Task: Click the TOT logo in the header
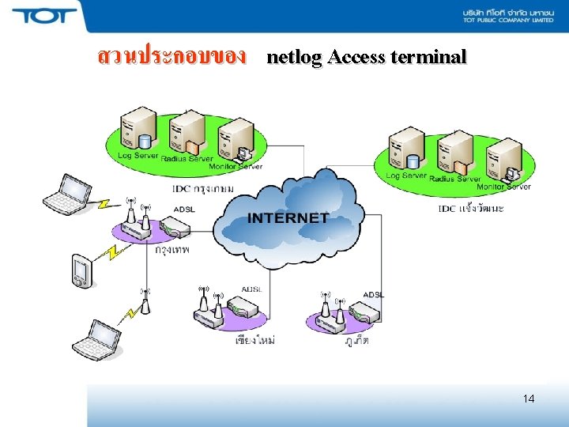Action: [44, 16]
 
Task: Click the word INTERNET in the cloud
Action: [288, 217]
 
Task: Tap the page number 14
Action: [528, 399]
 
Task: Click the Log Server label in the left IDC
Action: [138, 156]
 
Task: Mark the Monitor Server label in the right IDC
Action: [503, 187]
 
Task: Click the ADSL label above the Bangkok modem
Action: [184, 209]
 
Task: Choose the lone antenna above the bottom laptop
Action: [145, 301]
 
